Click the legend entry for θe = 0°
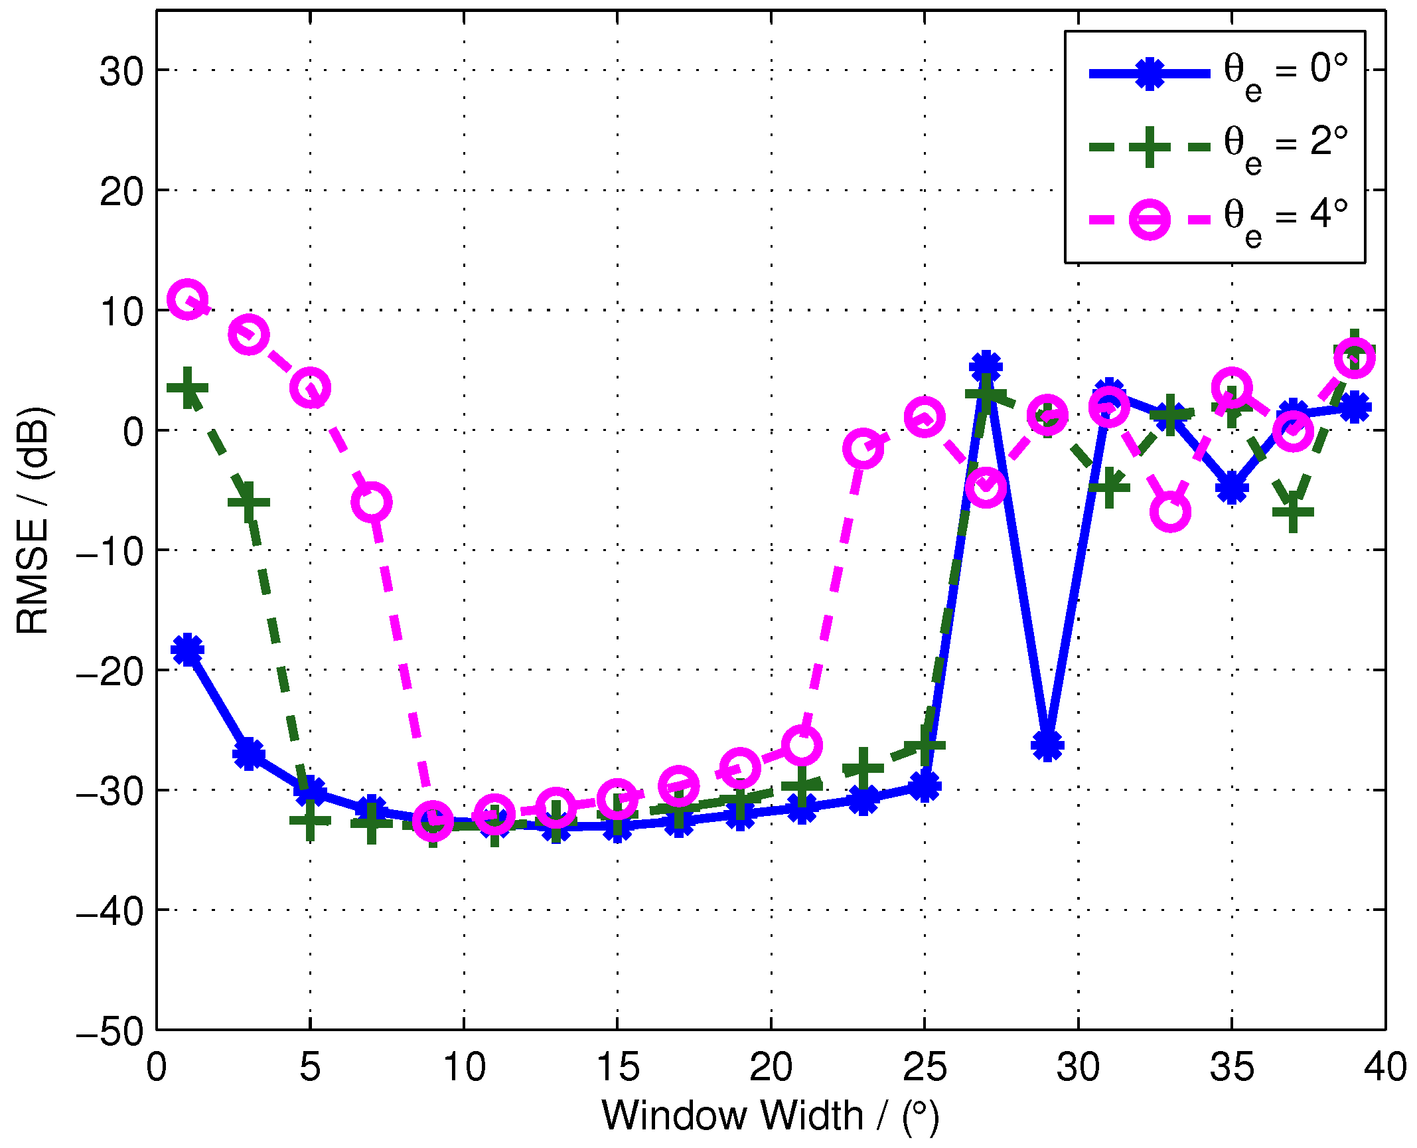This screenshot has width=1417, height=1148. [1215, 73]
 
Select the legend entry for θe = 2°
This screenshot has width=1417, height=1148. [1215, 147]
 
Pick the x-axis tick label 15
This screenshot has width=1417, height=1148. [617, 1068]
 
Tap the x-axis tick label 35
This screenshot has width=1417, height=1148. [1232, 1068]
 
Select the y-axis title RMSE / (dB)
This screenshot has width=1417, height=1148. [33, 521]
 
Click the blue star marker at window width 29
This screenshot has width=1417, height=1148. [1047, 745]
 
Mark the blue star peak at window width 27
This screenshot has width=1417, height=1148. [986, 366]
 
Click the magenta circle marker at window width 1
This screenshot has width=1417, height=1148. [188, 299]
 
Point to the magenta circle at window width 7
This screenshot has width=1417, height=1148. [372, 502]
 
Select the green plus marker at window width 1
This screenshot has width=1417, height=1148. [188, 388]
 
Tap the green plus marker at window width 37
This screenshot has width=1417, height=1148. [1293, 511]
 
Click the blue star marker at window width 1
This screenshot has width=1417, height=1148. [188, 649]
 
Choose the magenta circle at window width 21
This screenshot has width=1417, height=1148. [802, 745]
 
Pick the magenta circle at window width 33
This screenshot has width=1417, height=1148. [1170, 512]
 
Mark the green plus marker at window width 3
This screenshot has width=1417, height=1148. [249, 502]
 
